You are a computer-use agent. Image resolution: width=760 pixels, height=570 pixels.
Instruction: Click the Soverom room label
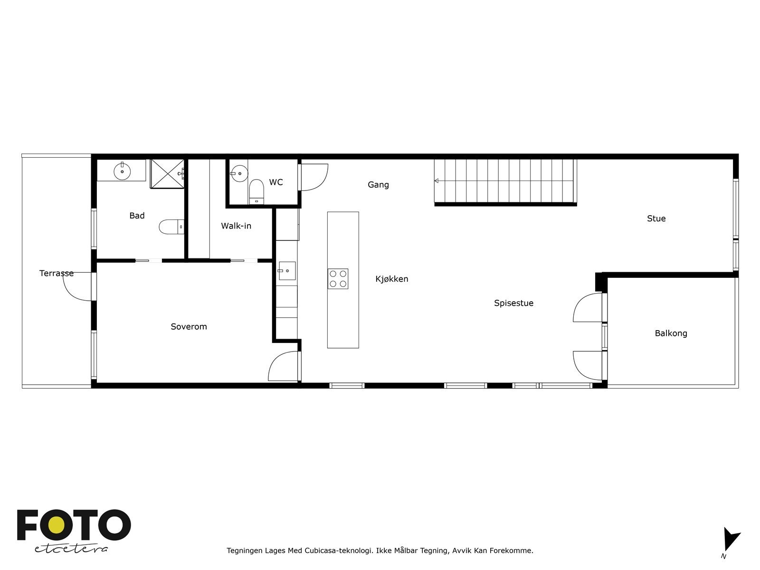click(189, 326)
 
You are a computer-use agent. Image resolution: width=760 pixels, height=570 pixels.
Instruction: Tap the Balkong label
click(671, 333)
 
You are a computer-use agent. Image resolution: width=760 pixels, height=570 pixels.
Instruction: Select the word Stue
click(656, 218)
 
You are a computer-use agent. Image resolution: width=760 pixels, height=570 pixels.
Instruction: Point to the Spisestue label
click(513, 303)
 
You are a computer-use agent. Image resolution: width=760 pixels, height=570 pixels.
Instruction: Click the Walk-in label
click(236, 226)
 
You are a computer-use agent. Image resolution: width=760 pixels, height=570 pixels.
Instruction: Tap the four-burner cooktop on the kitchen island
click(338, 279)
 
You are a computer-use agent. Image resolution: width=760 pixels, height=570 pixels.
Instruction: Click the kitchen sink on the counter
click(287, 271)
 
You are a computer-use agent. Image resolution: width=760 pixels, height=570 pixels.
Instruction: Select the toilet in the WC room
click(256, 191)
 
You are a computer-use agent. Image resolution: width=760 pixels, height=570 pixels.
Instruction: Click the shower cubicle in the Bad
click(167, 173)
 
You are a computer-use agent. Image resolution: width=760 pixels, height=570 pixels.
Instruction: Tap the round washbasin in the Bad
click(123, 171)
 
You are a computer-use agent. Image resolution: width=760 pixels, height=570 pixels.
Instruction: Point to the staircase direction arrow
click(437, 180)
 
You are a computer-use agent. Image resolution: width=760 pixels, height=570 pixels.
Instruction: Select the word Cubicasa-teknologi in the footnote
click(338, 551)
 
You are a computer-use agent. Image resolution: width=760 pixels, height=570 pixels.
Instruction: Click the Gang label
click(378, 185)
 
